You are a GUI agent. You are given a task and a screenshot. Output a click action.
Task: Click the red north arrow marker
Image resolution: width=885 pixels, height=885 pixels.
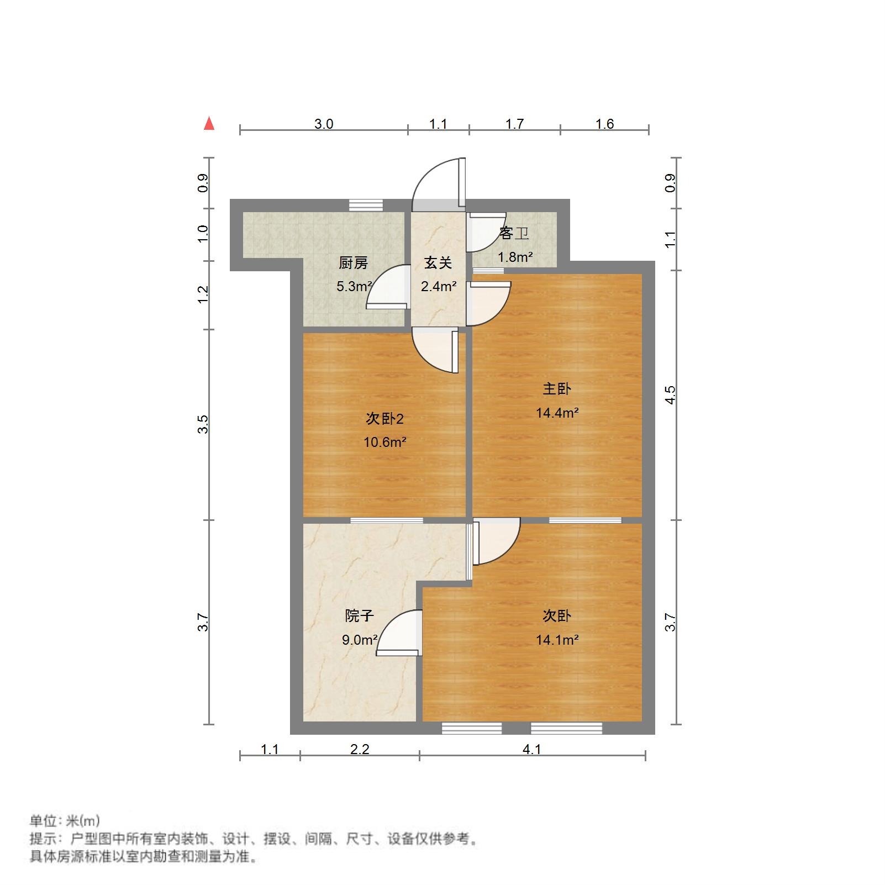click(x=209, y=124)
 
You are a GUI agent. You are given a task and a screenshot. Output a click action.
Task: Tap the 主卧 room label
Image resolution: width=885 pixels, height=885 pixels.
click(x=556, y=389)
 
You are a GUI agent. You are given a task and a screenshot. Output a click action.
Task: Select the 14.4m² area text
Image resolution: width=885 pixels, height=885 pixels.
click(x=557, y=413)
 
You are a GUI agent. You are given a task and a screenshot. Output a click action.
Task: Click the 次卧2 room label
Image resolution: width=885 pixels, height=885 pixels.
click(x=384, y=419)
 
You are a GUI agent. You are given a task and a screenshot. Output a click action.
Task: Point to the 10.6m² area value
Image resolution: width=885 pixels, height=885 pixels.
click(x=384, y=442)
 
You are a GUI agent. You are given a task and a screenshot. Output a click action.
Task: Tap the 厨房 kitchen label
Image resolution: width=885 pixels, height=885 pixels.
click(x=353, y=263)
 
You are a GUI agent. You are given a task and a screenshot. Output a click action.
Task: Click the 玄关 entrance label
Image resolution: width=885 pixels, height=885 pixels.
click(x=438, y=263)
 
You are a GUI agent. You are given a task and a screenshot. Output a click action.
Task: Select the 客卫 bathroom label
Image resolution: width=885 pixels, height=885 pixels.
click(x=514, y=234)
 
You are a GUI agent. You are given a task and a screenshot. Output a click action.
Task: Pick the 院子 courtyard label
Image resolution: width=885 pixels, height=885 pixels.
click(x=359, y=615)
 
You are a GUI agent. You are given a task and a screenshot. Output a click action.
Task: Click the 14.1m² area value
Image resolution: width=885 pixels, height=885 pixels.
click(x=557, y=640)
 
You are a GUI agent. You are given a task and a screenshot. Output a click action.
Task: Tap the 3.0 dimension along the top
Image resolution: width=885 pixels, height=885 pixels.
click(x=324, y=124)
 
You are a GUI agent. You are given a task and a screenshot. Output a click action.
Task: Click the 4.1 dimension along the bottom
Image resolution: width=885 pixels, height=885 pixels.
click(x=531, y=749)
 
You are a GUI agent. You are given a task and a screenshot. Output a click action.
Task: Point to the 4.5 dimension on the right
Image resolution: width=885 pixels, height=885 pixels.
click(x=670, y=394)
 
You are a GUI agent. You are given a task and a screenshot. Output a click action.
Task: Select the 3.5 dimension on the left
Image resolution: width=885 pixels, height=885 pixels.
click(x=204, y=424)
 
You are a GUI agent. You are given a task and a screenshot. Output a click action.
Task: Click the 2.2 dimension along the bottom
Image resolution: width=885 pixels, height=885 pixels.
click(x=360, y=749)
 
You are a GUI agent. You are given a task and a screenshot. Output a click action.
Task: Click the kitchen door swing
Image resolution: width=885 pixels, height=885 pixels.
click(x=388, y=287)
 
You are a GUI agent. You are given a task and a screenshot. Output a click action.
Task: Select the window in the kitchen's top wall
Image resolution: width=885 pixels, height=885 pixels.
click(x=366, y=205)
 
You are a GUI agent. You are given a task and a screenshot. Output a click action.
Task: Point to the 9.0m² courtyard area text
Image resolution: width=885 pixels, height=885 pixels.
click(x=359, y=640)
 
